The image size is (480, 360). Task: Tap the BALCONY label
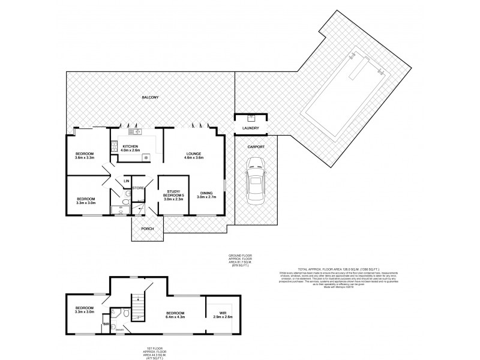(x=149, y=97)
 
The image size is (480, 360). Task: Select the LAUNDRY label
(x=250, y=128)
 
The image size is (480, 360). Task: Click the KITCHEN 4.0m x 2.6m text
(x=131, y=149)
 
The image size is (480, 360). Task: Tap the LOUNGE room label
(x=193, y=155)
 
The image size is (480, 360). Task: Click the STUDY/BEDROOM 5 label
(x=173, y=194)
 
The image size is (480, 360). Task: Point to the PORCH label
(x=147, y=229)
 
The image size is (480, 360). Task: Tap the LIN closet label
(x=126, y=181)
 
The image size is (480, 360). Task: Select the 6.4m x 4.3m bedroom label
(x=175, y=315)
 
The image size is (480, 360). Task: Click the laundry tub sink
(x=250, y=118)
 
